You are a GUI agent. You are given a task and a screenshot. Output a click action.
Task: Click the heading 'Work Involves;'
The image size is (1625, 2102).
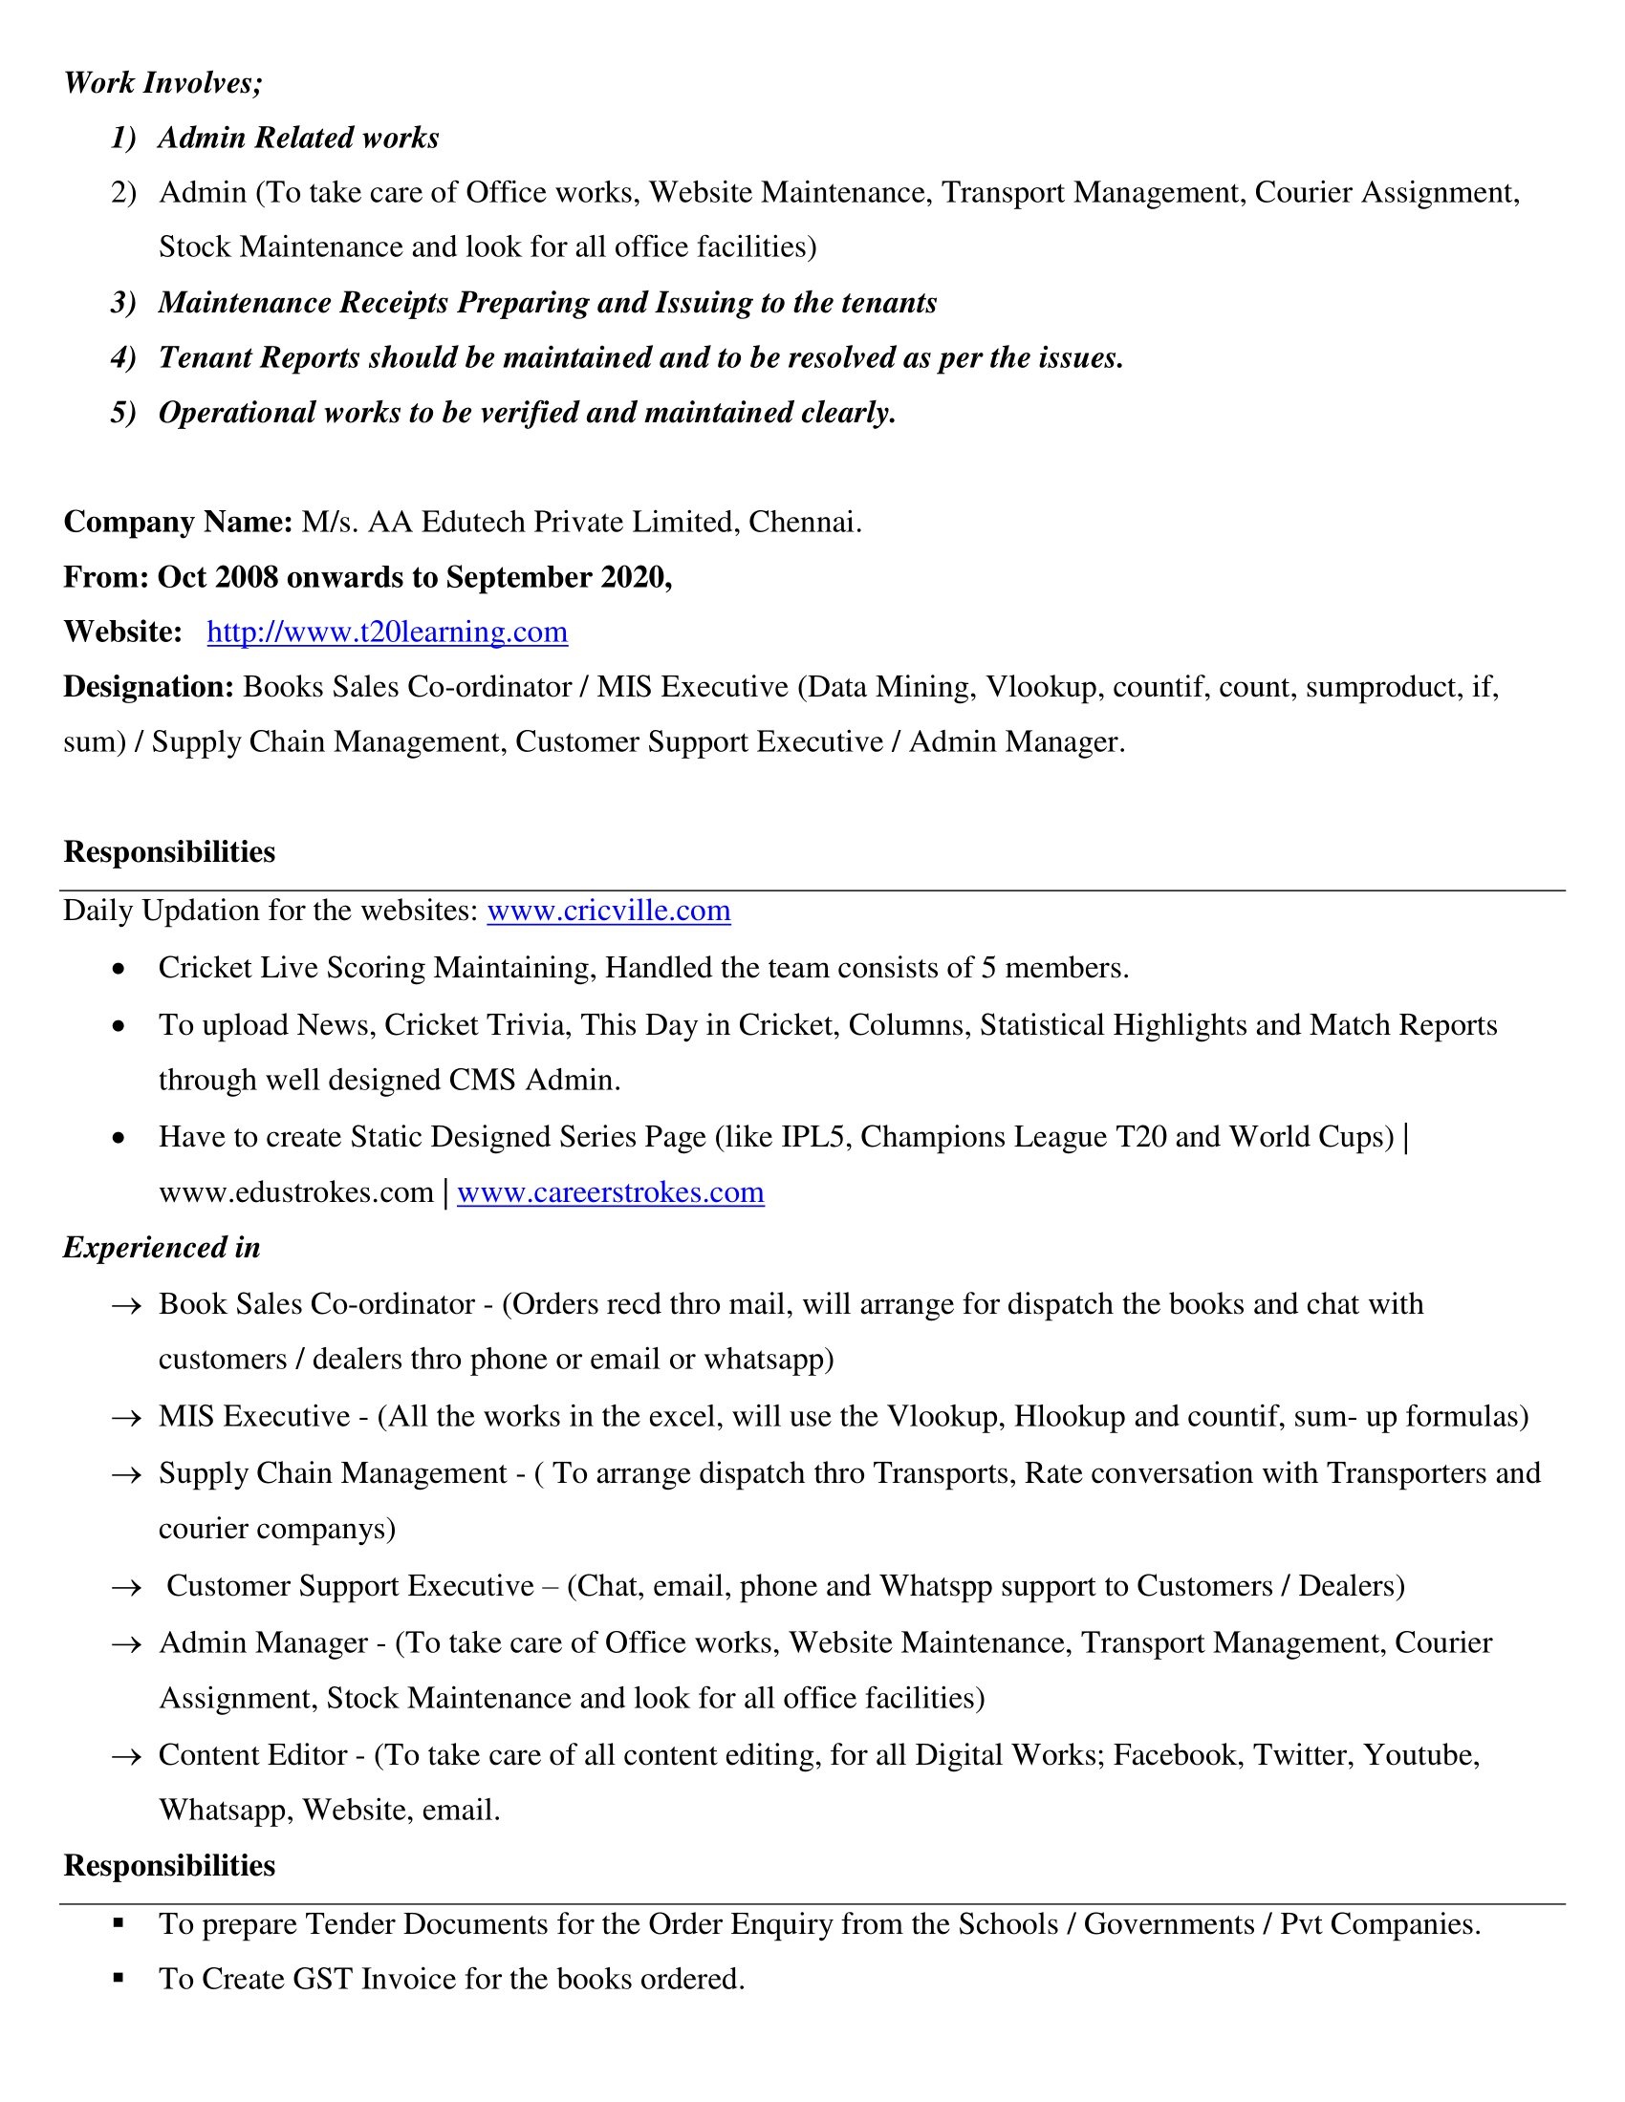pyautogui.click(x=162, y=84)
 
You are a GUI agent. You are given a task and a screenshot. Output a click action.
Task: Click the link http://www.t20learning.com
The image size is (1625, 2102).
pyautogui.click(x=387, y=633)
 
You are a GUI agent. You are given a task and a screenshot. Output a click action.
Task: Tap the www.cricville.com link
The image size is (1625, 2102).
pyautogui.click(x=608, y=911)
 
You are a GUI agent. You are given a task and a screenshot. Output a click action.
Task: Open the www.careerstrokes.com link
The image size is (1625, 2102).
pyautogui.click(x=611, y=1192)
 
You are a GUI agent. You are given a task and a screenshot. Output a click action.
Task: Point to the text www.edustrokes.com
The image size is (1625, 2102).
pyautogui.click(x=295, y=1192)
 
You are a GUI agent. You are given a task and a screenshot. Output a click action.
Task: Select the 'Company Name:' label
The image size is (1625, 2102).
pyautogui.click(x=178, y=523)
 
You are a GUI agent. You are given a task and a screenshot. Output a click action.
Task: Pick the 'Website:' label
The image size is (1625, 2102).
pyautogui.click(x=123, y=633)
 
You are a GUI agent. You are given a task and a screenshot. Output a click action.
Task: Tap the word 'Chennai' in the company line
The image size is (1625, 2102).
pyautogui.click(x=802, y=523)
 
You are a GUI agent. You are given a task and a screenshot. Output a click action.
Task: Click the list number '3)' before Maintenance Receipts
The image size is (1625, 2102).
pyautogui.click(x=123, y=303)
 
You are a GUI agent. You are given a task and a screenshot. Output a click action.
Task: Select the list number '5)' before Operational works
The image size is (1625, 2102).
pyautogui.click(x=123, y=413)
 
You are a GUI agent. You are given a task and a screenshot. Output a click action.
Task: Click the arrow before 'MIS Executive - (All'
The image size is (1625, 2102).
pyautogui.click(x=126, y=1418)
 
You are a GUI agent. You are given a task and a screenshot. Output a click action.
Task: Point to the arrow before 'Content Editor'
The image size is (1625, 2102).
pyautogui.click(x=126, y=1756)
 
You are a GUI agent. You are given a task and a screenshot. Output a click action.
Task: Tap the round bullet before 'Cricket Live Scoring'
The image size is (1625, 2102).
pyautogui.click(x=119, y=969)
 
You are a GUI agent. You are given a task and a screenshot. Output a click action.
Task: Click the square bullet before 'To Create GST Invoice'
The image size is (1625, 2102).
pyautogui.click(x=119, y=1978)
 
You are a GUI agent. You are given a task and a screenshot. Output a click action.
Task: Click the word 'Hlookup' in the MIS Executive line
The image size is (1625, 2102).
pyautogui.click(x=1069, y=1417)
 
